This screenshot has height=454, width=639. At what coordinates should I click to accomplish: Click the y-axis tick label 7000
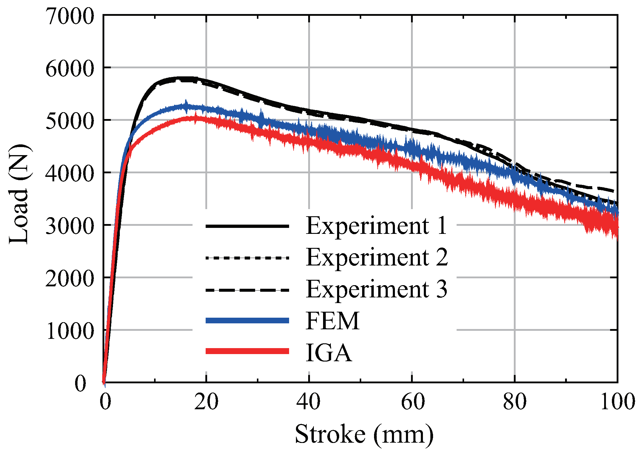(x=70, y=16)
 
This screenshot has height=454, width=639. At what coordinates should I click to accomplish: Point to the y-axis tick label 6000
(x=70, y=69)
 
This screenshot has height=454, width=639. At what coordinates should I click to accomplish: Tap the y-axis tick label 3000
(x=70, y=226)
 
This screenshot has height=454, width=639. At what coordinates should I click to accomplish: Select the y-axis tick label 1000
(x=70, y=331)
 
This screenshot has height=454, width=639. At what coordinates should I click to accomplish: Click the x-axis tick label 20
(x=206, y=402)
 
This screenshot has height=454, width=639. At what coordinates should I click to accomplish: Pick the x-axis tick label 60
(x=412, y=402)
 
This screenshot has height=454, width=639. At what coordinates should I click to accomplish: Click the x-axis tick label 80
(x=515, y=402)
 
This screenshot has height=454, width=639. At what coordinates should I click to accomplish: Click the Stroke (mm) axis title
(x=364, y=434)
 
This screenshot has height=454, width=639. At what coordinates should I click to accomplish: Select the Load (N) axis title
(x=18, y=194)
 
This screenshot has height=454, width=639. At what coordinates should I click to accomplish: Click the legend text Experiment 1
(x=376, y=226)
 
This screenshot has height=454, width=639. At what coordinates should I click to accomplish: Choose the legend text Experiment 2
(x=377, y=257)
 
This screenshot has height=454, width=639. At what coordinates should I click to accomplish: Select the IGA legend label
(x=328, y=353)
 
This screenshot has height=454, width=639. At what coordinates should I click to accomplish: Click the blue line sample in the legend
(x=247, y=321)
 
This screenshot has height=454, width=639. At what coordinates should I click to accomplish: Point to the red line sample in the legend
(x=247, y=351)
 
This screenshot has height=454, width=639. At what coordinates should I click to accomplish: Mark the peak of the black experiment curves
(x=182, y=78)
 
